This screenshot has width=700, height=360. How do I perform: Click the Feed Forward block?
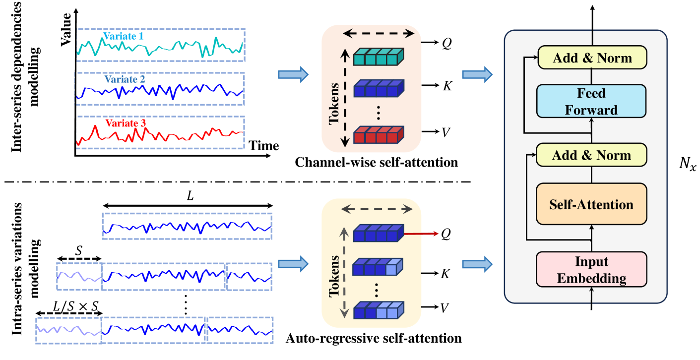(591, 101)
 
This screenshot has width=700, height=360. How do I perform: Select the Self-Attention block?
(591, 204)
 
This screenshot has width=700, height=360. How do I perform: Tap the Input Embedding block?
(591, 269)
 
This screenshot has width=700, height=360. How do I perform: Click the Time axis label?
(263, 146)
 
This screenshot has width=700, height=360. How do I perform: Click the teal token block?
(379, 58)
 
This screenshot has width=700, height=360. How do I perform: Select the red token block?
(379, 135)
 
